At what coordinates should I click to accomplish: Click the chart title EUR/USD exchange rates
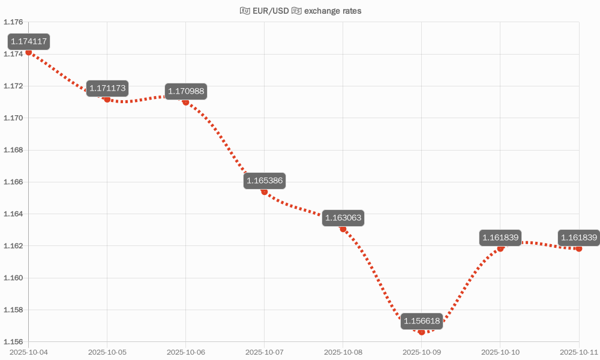tap(300, 11)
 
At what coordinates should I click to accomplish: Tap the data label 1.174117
tap(28, 42)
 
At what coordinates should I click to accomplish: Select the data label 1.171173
tap(107, 89)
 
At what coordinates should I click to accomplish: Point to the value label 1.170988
tap(186, 92)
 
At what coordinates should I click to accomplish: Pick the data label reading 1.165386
tap(265, 181)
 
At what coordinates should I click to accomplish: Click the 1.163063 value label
tap(343, 218)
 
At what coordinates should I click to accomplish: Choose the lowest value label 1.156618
tap(422, 321)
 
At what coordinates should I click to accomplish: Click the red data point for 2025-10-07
tap(265, 191)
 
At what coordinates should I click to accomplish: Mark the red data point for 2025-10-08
tap(343, 229)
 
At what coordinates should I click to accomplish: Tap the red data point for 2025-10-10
tap(500, 248)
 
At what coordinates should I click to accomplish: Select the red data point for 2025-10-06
tap(186, 103)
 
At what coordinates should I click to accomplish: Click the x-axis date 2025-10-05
tap(107, 352)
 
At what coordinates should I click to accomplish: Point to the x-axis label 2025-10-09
tap(422, 352)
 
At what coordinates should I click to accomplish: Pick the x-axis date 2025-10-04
tap(28, 352)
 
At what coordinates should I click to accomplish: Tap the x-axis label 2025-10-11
tap(579, 352)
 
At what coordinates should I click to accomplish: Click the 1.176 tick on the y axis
tap(13, 22)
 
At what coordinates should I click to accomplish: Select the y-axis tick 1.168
tap(13, 150)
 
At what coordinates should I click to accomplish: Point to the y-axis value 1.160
tap(13, 278)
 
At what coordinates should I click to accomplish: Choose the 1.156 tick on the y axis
tap(13, 342)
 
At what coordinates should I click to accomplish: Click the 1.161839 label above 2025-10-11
tap(578, 238)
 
